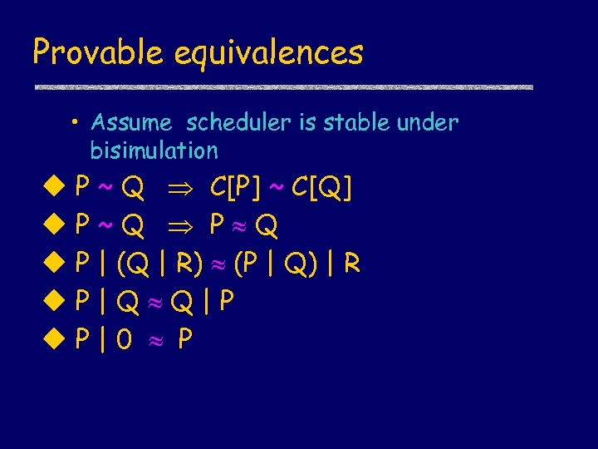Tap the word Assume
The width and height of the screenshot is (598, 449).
click(x=131, y=123)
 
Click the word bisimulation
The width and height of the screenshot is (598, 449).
click(x=154, y=150)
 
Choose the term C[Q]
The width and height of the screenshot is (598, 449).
click(x=322, y=189)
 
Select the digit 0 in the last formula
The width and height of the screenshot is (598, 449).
click(x=124, y=339)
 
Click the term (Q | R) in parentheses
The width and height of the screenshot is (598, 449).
click(x=160, y=264)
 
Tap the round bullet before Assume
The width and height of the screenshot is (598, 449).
click(x=75, y=124)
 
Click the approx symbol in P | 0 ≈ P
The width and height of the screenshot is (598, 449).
click(x=154, y=340)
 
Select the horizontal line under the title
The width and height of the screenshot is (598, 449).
click(x=282, y=86)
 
